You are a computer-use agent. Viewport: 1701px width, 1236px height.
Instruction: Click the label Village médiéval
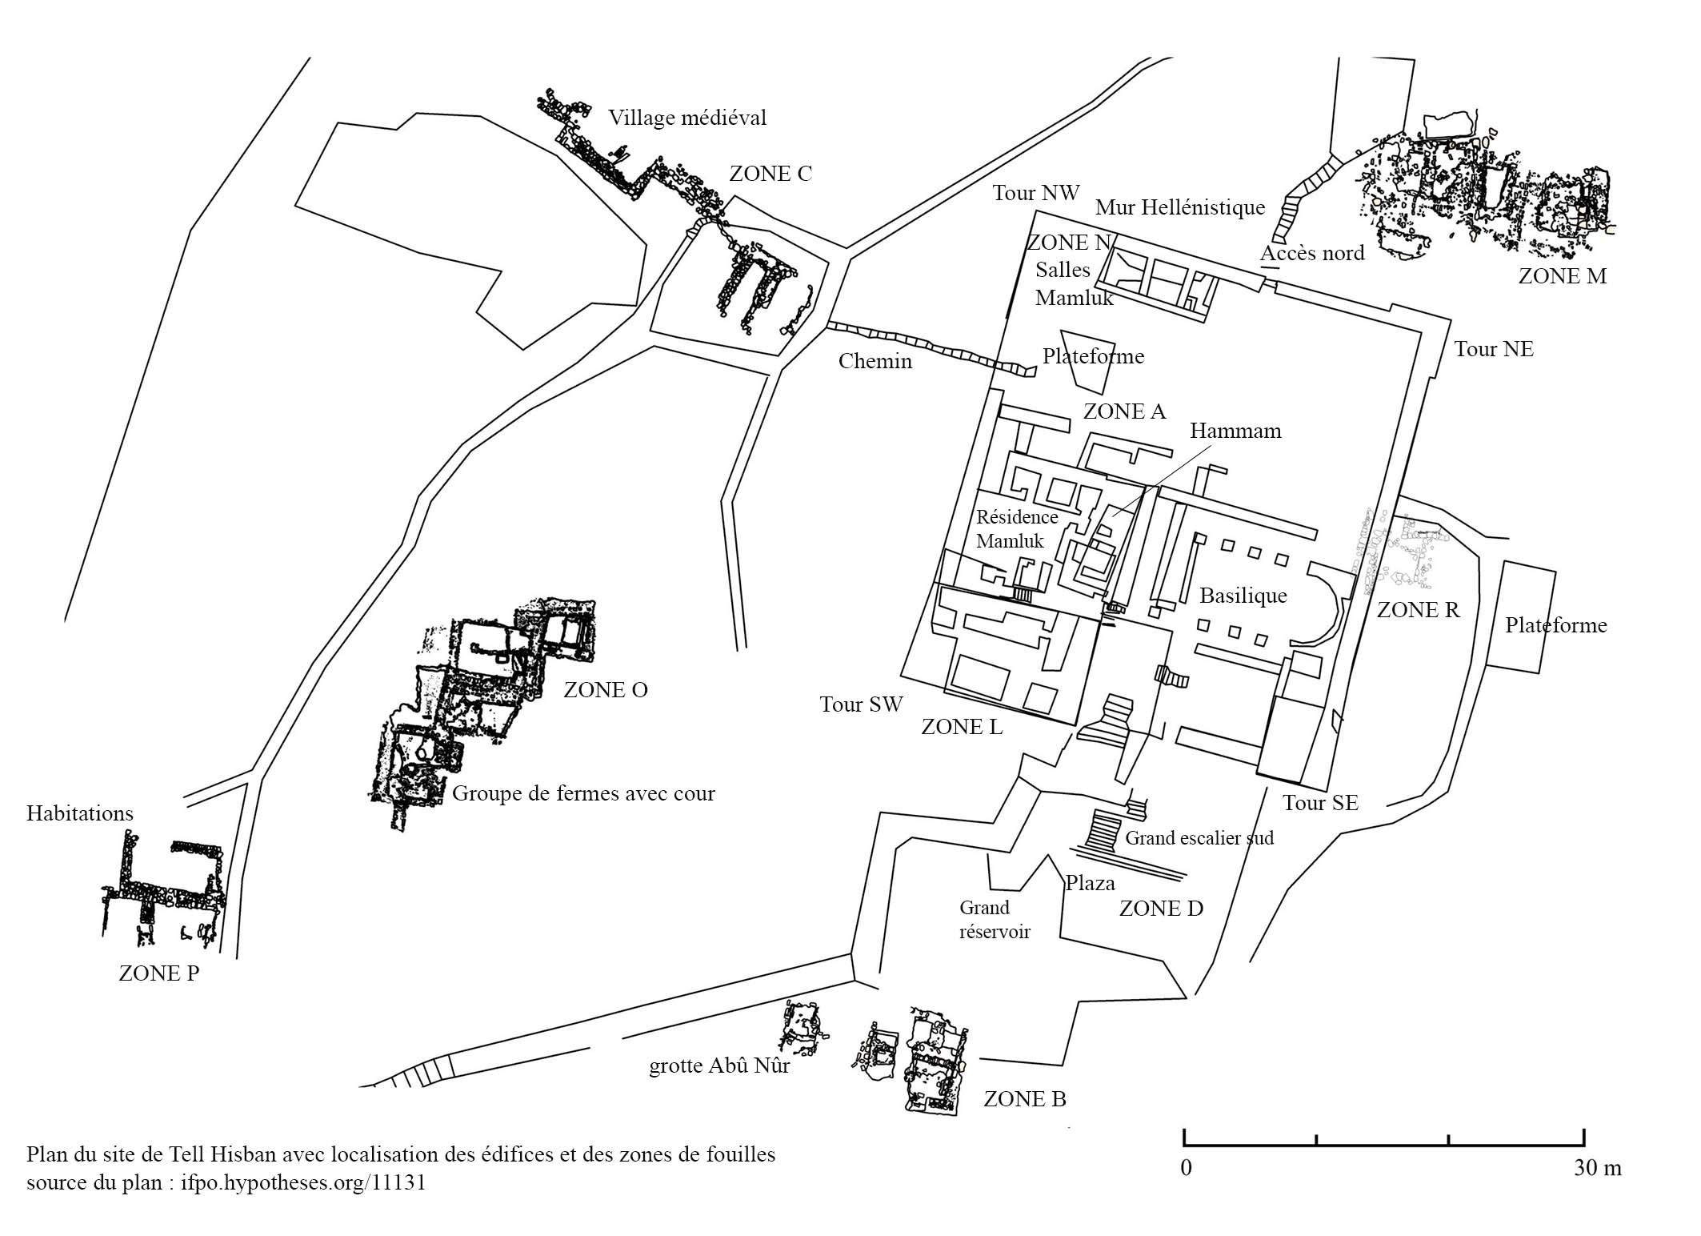pyautogui.click(x=686, y=118)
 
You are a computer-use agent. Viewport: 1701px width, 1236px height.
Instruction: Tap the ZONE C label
pyautogui.click(x=770, y=174)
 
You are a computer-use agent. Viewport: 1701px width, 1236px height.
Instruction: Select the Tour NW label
pyautogui.click(x=1036, y=193)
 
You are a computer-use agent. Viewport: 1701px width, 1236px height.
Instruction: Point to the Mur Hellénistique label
pyautogui.click(x=1180, y=208)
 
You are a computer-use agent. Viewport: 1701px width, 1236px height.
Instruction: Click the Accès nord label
pyautogui.click(x=1312, y=254)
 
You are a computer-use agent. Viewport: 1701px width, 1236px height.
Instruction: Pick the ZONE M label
pyautogui.click(x=1563, y=276)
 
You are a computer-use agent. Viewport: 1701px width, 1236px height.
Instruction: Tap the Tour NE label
pyautogui.click(x=1494, y=349)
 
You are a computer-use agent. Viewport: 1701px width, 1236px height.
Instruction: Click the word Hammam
pyautogui.click(x=1235, y=431)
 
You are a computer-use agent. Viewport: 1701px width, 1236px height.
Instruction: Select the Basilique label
pyautogui.click(x=1243, y=596)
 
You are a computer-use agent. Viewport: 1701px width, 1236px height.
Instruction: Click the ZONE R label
pyautogui.click(x=1418, y=610)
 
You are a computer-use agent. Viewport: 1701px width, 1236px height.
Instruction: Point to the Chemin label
pyautogui.click(x=875, y=361)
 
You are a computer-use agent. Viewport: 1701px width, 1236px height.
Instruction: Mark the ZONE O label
pyautogui.click(x=606, y=690)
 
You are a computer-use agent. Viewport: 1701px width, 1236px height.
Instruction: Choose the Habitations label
pyautogui.click(x=80, y=813)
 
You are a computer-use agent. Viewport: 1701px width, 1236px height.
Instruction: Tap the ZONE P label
pyautogui.click(x=159, y=973)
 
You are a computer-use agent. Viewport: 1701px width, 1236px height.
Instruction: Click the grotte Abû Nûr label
pyautogui.click(x=719, y=1066)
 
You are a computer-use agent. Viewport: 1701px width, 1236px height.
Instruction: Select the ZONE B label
pyautogui.click(x=1025, y=1099)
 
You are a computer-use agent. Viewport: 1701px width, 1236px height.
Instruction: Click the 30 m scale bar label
pyautogui.click(x=1598, y=1167)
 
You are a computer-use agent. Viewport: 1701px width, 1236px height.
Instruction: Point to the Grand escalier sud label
pyautogui.click(x=1199, y=838)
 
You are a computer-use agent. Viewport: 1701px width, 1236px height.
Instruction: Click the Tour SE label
pyautogui.click(x=1321, y=803)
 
